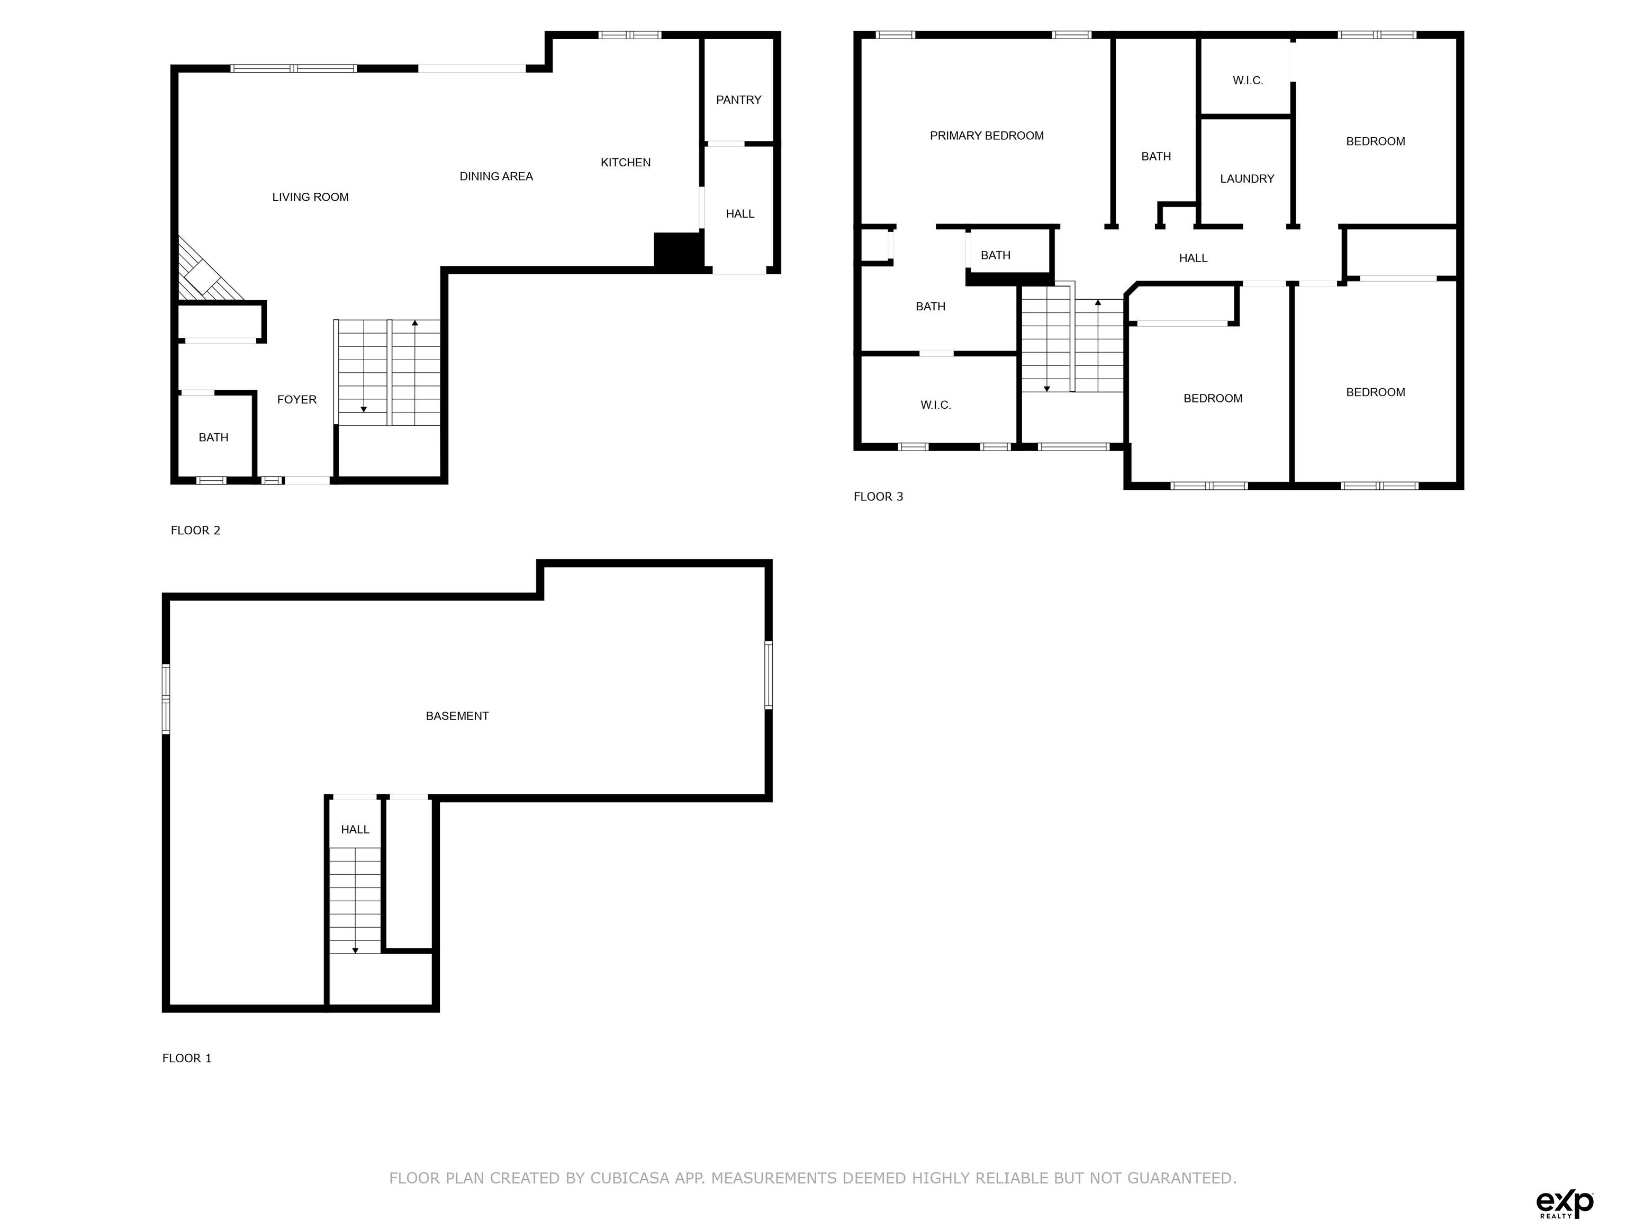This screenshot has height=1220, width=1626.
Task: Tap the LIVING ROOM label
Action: tap(310, 197)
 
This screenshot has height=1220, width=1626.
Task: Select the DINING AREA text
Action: tap(496, 176)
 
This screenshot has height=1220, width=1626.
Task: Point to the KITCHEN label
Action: tap(626, 163)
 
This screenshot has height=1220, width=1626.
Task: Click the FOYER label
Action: tap(297, 399)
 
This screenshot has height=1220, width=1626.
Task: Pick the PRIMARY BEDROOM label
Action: tap(987, 136)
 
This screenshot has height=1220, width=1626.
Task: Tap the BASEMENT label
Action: tap(457, 715)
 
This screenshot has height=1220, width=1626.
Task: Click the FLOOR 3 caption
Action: tap(879, 496)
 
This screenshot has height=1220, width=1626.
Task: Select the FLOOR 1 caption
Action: tap(187, 1058)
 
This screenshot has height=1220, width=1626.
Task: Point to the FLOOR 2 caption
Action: tap(195, 530)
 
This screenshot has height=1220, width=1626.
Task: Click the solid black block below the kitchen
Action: tap(679, 250)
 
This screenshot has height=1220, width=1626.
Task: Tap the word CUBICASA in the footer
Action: tap(629, 1178)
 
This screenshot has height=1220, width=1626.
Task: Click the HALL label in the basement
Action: tap(355, 830)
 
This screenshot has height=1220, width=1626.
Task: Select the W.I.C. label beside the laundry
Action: tap(1248, 81)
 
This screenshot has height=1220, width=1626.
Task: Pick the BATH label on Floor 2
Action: tap(213, 437)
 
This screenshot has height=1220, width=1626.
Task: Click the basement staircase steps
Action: tap(355, 901)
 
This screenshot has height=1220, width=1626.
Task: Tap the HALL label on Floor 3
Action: tap(1193, 258)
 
